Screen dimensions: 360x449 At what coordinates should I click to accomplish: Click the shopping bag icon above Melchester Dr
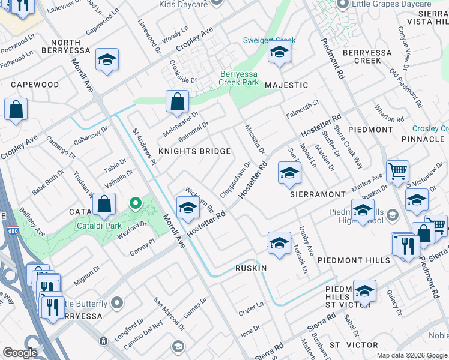(x=178, y=102)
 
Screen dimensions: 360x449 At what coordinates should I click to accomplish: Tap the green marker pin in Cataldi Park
(x=136, y=205)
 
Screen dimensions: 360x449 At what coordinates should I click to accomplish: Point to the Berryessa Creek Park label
(x=239, y=76)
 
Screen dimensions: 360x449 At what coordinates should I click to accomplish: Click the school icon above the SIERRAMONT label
(x=289, y=174)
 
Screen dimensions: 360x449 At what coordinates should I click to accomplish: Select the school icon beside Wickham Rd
(x=188, y=208)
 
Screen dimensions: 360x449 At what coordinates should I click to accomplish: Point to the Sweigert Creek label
(x=269, y=41)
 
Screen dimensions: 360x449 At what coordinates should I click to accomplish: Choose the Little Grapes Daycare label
(x=394, y=4)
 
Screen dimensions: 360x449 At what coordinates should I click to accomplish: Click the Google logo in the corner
(x=20, y=353)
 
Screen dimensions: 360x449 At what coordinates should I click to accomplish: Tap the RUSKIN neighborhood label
(x=250, y=268)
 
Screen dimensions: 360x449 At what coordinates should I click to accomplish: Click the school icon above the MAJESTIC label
(x=279, y=53)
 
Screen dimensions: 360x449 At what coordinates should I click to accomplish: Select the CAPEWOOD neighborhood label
(x=34, y=85)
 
